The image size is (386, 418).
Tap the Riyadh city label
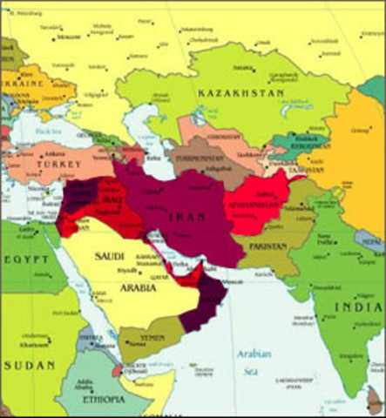(x=128, y=270)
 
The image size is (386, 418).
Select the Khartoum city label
(x=36, y=343)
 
